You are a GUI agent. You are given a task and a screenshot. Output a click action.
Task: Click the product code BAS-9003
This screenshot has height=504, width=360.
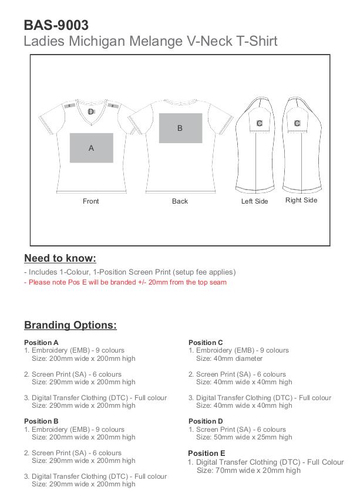point(56,25)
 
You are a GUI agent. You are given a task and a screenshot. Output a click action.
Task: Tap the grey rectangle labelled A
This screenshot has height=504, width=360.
point(91,148)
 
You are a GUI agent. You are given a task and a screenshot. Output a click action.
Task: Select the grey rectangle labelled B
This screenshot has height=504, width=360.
point(180,128)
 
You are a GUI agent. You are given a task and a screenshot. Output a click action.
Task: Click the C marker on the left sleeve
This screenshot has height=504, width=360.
point(260,123)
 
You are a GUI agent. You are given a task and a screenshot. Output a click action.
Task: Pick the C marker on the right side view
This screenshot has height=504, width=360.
point(297,123)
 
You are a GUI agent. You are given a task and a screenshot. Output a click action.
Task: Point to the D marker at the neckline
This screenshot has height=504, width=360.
point(90,111)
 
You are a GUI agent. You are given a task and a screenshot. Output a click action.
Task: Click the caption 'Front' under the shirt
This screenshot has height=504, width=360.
point(91,201)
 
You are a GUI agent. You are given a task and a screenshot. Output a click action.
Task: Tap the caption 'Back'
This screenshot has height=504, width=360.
point(180,201)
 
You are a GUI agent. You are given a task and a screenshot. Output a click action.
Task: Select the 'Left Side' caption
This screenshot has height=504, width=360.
point(254,201)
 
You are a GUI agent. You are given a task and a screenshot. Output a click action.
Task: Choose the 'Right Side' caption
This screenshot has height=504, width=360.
point(301,200)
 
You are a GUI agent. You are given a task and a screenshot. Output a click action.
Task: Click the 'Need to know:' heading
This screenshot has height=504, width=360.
point(60,258)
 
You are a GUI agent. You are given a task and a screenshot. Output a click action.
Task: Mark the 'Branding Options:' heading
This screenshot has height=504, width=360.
point(70,325)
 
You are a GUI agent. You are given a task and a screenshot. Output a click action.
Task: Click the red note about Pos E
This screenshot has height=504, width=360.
point(125,282)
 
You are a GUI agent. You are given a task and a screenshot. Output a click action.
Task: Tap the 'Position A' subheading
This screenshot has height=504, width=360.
point(41,343)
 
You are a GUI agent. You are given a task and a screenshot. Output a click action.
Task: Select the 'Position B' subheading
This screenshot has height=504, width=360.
point(41,421)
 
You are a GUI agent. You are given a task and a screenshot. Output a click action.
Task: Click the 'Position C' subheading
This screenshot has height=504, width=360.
point(206,343)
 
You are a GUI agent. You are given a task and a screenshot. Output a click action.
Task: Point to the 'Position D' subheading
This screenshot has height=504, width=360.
point(206,421)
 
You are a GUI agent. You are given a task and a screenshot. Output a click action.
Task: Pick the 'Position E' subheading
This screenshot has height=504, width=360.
point(206,454)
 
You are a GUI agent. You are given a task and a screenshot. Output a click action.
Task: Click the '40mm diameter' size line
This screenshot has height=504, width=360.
point(229,358)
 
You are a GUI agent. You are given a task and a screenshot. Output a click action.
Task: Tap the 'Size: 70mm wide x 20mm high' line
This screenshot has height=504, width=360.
point(248,471)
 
